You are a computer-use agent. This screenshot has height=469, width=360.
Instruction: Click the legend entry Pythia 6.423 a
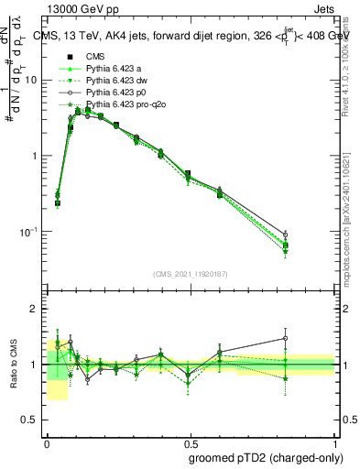coord(111,68)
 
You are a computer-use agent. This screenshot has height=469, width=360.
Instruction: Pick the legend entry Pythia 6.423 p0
coord(113,93)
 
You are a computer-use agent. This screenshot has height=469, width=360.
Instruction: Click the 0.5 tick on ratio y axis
coord(32,420)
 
